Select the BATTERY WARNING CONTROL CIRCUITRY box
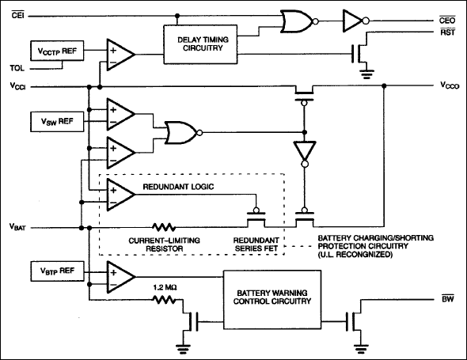point(268,295)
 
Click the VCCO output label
point(449,84)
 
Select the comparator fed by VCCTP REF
point(120,54)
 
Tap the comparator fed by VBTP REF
point(120,273)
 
